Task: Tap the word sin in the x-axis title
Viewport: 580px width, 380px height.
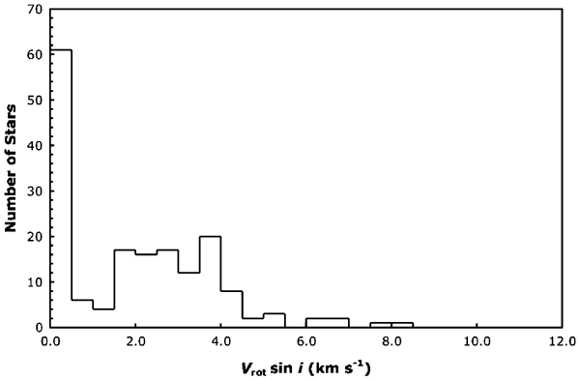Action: click(x=290, y=367)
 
